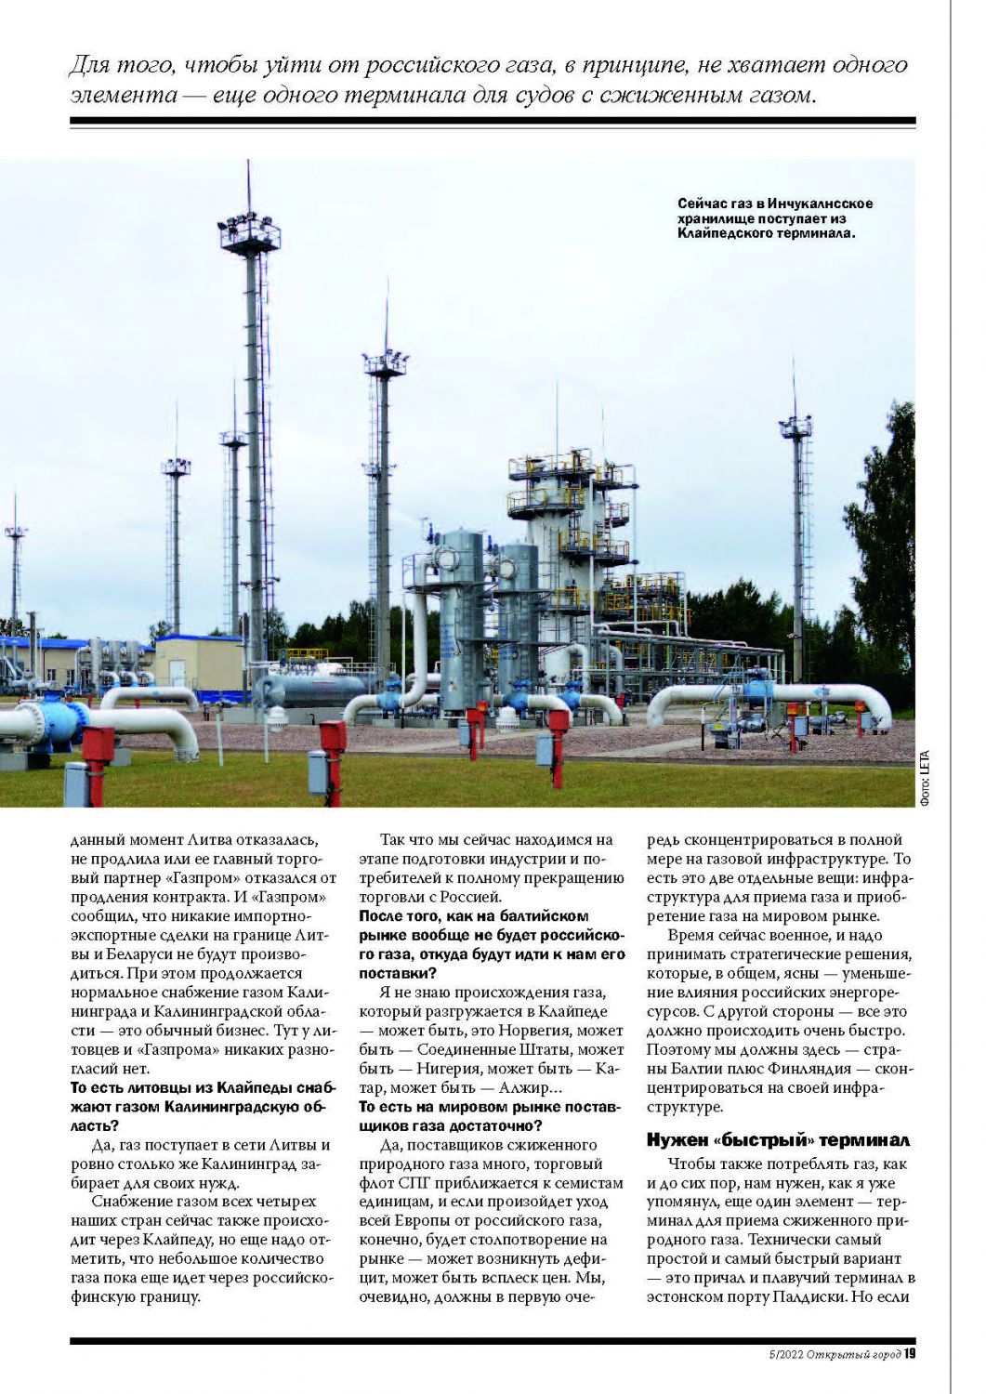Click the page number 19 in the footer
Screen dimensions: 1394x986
pos(910,1353)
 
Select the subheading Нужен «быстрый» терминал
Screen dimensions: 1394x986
pos(778,1140)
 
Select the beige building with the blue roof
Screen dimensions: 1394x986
pos(198,664)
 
